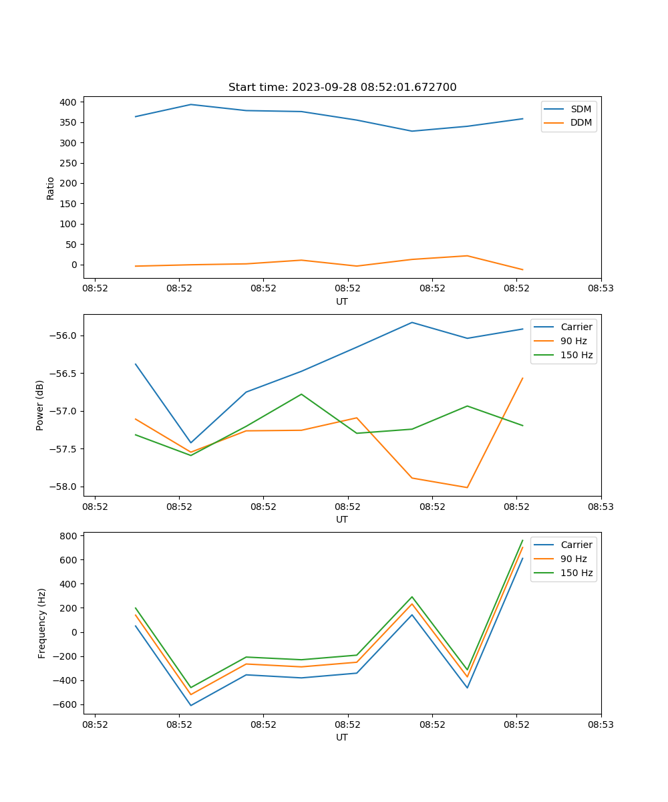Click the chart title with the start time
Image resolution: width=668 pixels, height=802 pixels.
pyautogui.click(x=342, y=88)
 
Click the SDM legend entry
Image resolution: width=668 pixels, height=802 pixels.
pyautogui.click(x=580, y=109)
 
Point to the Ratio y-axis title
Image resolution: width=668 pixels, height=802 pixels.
pyautogui.click(x=51, y=188)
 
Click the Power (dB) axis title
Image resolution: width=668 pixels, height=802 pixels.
pyautogui.click(x=40, y=405)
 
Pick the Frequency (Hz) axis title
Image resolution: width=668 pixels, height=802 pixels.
pyautogui.click(x=42, y=623)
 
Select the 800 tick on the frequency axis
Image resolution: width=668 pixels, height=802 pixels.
pyautogui.click(x=69, y=536)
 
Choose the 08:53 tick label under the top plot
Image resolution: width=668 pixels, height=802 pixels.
pyautogui.click(x=601, y=288)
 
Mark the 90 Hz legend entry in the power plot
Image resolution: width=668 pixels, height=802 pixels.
pyautogui.click(x=573, y=341)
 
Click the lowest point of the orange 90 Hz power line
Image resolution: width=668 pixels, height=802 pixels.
pyautogui.click(x=467, y=487)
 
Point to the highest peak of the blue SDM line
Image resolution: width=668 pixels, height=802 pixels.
pyautogui.click(x=191, y=104)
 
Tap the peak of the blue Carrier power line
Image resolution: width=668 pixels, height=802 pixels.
pyautogui.click(x=412, y=322)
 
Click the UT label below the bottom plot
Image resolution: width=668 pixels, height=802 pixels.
pyautogui.click(x=342, y=737)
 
